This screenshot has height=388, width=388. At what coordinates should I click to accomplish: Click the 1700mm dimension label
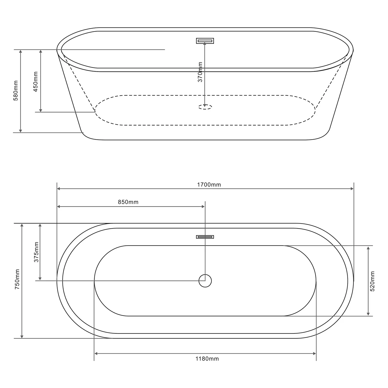click(209, 185)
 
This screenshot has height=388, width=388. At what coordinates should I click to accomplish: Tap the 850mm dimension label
click(128, 202)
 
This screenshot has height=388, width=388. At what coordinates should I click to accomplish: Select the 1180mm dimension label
click(207, 359)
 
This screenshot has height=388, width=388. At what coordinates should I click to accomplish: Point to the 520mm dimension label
click(372, 281)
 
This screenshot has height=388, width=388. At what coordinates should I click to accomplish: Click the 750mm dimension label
click(17, 279)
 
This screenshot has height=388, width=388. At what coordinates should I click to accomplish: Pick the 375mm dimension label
click(36, 252)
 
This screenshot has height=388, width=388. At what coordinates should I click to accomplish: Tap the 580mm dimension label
click(16, 91)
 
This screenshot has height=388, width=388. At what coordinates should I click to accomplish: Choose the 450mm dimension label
click(36, 82)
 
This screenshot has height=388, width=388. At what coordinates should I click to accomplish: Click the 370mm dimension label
click(200, 72)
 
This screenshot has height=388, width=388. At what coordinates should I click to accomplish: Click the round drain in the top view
click(205, 281)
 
